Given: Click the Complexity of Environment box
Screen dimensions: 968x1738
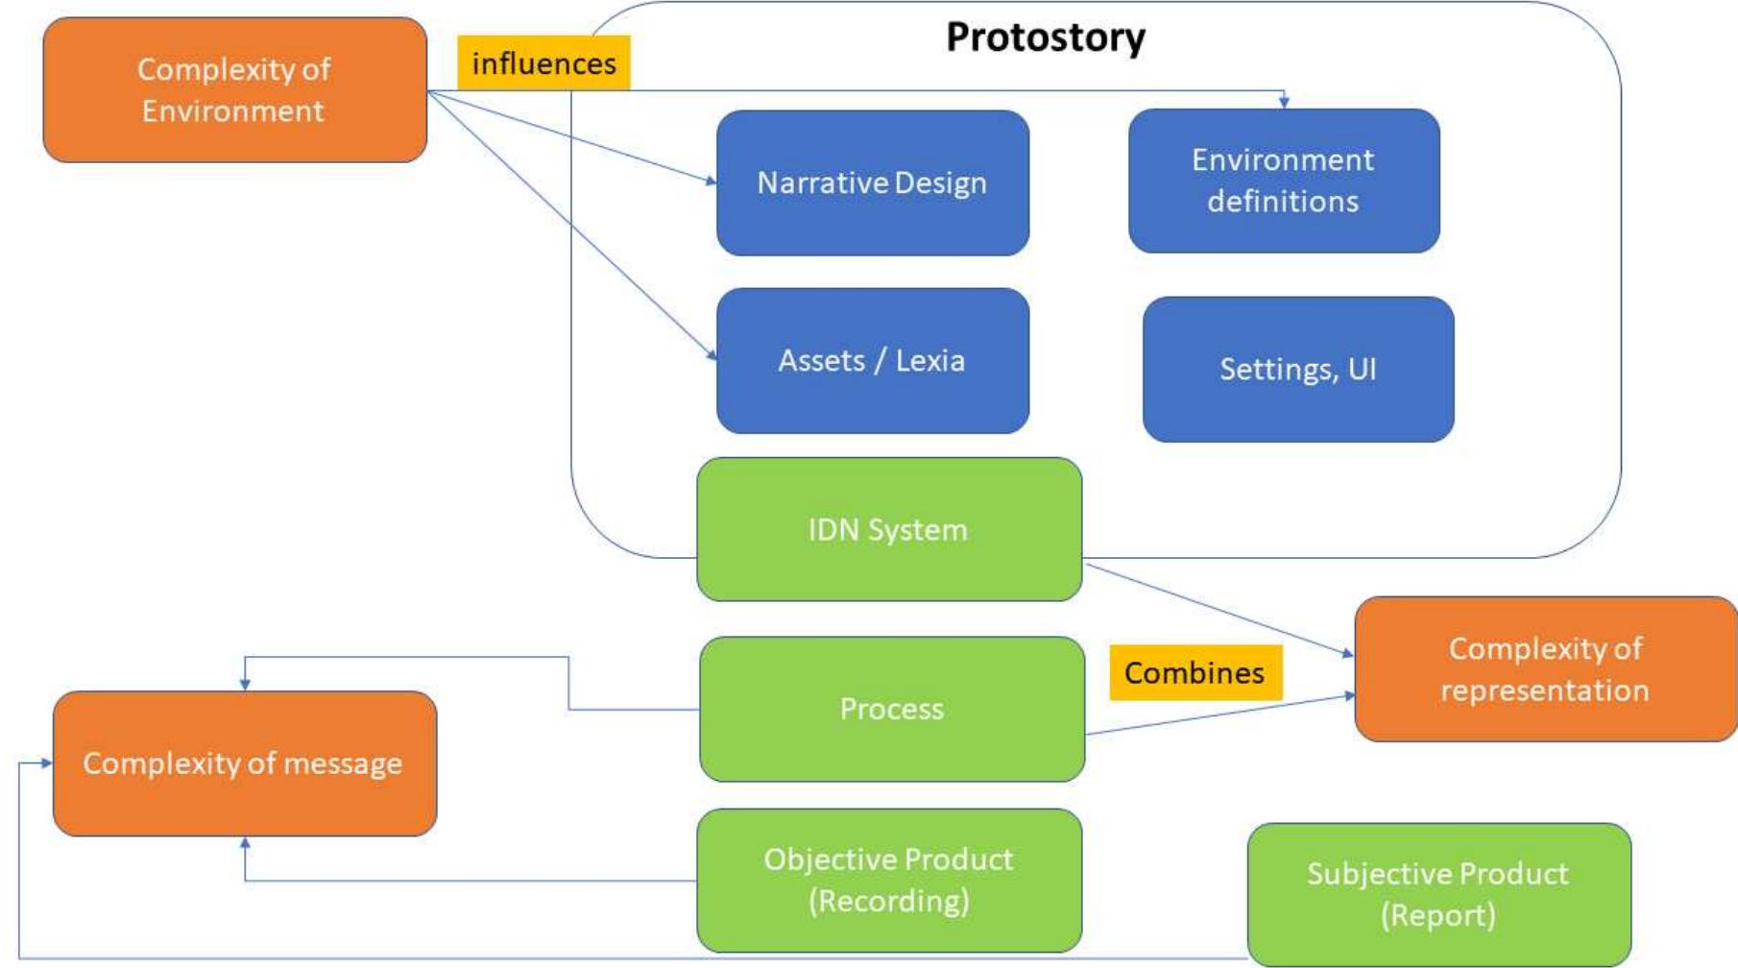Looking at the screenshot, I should coord(234,89).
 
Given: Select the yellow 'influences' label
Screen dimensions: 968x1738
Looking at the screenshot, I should coord(543,63).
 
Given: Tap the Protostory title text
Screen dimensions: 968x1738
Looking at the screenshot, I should coord(1045,37).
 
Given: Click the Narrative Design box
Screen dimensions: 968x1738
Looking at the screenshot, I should coord(872,182).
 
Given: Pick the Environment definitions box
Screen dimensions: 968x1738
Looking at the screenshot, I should coord(1283,181).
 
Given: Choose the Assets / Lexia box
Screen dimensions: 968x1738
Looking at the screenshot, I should coord(872,360).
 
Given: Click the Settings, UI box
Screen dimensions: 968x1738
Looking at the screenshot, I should coord(1297,369).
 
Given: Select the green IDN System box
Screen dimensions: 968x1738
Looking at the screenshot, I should coord(888,529).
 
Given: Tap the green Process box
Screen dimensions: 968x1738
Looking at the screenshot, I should coord(891,709).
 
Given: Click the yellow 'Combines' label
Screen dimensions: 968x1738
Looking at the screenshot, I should coord(1195,672).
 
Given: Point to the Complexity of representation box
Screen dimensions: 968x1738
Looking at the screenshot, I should coord(1544,668).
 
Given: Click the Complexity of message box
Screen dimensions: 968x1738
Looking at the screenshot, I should coord(244,763).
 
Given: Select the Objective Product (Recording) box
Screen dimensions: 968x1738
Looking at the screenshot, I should coord(888,880).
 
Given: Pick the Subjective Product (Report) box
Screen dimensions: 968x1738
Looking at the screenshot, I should coord(1437,894).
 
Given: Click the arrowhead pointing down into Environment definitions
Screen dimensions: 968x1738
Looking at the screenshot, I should coord(1284,102).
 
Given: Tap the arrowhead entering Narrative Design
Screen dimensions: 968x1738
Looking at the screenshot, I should coord(711,181).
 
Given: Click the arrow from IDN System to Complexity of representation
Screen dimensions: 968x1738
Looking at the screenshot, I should coord(1219,609).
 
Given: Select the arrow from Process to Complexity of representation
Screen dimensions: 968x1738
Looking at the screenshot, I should coord(1219,714).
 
